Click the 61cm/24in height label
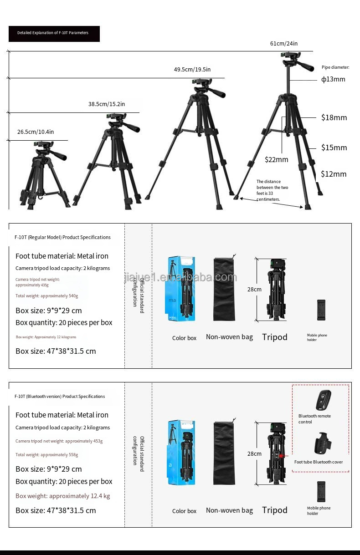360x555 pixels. click(x=283, y=44)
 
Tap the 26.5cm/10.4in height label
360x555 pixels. click(x=36, y=132)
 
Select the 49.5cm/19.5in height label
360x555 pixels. click(x=192, y=70)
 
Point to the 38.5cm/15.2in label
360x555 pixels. click(x=107, y=104)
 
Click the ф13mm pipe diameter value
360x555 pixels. click(x=333, y=79)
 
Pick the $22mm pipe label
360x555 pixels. click(x=277, y=159)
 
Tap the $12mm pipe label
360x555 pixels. click(x=334, y=174)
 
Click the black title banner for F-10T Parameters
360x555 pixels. click(x=54, y=33)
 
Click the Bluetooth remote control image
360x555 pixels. click(x=323, y=400)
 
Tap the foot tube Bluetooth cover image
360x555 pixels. click(x=322, y=444)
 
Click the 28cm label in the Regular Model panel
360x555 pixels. click(x=254, y=290)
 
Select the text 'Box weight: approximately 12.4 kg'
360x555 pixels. click(x=62, y=496)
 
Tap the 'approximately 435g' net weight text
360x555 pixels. click(x=32, y=285)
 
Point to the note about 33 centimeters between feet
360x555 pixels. click(x=272, y=190)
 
